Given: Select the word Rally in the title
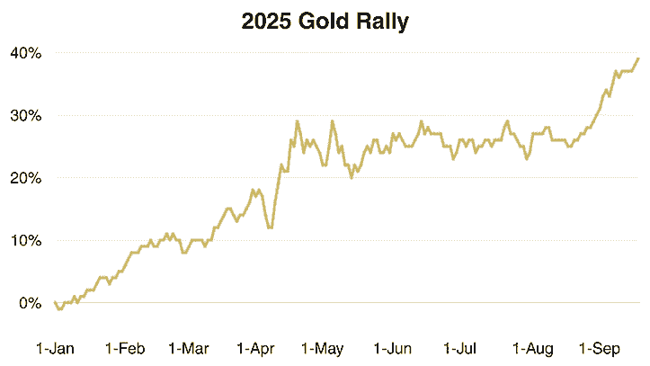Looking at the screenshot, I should [383, 22].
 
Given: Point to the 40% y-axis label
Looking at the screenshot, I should [25, 53].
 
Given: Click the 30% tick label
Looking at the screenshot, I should [25, 116].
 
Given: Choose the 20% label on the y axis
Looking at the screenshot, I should [25, 178].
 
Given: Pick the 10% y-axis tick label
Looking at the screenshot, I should [25, 241].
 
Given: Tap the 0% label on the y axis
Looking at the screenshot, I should [29, 303].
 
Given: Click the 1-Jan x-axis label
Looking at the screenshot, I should [55, 348].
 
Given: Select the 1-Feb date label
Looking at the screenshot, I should [125, 348].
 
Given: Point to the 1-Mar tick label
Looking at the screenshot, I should [189, 348].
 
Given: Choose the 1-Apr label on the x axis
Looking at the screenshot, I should [258, 348].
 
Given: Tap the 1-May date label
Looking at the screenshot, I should [324, 348].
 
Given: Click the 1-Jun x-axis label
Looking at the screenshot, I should [392, 348].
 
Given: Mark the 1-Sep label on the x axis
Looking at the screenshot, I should [599, 348].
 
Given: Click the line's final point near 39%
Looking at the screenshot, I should [638, 58].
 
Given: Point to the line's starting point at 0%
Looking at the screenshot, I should [55, 302].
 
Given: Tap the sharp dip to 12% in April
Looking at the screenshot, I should [270, 228].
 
